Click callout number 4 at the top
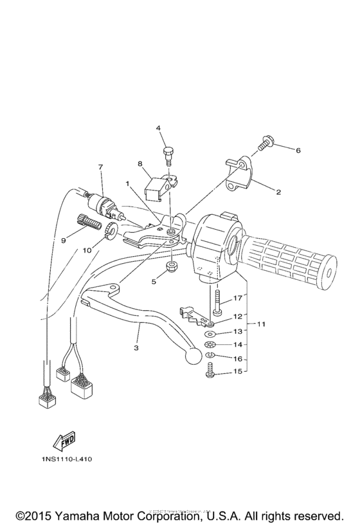pos(158,128)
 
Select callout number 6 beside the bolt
pos(298,150)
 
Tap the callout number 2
pos(278,192)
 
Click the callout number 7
pos(100,167)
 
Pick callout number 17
pos(237,298)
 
